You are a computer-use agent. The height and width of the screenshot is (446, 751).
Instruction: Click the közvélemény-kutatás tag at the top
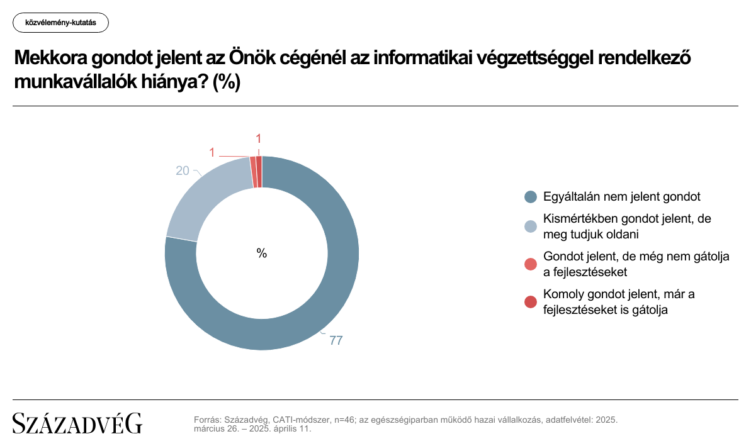coord(61,23)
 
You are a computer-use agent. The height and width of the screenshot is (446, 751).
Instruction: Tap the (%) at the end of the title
coord(226,82)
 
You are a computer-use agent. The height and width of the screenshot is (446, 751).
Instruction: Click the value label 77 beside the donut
coord(336,340)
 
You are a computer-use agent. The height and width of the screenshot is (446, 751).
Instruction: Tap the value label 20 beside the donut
coord(183,171)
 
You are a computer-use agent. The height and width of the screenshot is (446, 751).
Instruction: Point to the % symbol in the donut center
coord(261,253)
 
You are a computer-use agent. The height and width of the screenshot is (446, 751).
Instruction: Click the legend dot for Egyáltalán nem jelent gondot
coord(531,197)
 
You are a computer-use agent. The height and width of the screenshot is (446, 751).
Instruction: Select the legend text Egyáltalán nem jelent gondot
coord(622,197)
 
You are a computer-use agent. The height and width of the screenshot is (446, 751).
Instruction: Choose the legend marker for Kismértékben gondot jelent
coord(531,226)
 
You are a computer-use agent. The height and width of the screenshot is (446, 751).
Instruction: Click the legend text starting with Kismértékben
coord(627,226)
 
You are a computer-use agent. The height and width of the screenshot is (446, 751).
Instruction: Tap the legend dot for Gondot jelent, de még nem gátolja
coord(531,264)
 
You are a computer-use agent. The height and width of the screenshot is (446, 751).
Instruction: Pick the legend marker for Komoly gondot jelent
coord(531,302)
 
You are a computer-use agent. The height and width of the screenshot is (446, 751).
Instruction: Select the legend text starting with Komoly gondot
coord(619,302)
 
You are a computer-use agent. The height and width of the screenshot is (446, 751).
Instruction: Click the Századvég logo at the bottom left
coord(77,423)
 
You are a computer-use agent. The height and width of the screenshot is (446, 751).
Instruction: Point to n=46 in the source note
coord(344,420)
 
